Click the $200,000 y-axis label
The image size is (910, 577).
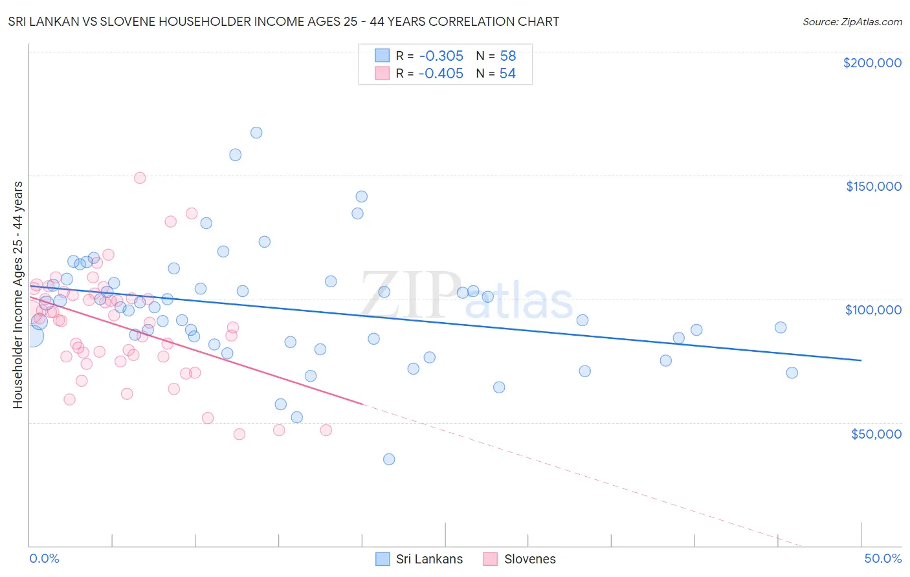872,63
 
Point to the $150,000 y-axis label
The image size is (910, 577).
873,186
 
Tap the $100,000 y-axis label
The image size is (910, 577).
873,310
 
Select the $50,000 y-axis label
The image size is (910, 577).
876,433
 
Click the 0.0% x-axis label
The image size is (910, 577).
44,558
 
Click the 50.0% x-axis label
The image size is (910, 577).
883,558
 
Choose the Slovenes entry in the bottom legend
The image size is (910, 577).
519,559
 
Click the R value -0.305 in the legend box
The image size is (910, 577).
441,56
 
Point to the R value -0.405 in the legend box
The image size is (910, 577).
441,74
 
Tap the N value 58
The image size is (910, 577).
507,56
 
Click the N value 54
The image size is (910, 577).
507,74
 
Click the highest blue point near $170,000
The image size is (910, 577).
256,133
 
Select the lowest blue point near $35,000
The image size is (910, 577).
389,459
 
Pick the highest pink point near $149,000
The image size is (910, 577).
140,178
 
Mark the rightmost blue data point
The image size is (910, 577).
792,373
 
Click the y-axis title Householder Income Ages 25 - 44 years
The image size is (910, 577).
18,294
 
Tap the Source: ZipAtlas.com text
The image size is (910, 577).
852,22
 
